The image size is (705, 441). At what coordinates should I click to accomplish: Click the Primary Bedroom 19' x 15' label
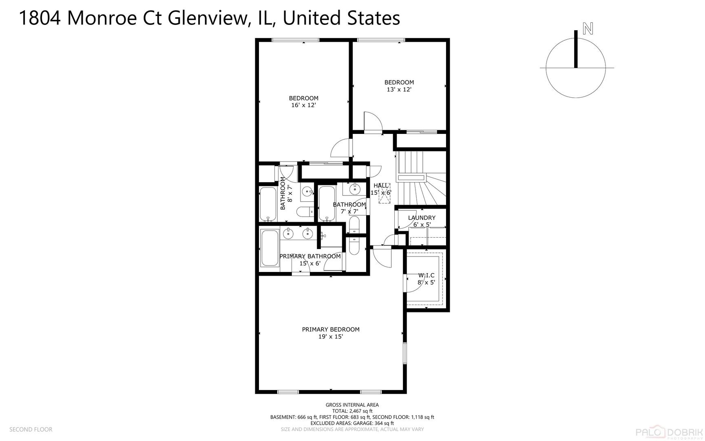(330, 333)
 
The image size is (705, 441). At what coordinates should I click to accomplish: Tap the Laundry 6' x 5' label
(422, 221)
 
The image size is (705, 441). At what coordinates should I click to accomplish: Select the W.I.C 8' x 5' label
(426, 279)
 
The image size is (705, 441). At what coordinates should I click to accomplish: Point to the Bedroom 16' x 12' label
(303, 101)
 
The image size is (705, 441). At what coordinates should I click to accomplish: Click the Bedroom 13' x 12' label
(399, 86)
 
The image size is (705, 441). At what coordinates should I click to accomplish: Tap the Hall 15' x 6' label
(381, 189)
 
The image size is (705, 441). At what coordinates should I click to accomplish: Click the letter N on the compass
(588, 29)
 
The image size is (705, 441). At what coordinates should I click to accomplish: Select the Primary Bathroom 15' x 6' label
(310, 260)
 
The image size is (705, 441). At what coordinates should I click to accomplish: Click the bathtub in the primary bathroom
(269, 248)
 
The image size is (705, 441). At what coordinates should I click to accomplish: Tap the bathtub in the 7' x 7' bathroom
(327, 203)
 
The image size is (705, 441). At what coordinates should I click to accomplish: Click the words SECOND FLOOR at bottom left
(31, 429)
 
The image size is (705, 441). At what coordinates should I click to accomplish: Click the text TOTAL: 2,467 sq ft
(352, 411)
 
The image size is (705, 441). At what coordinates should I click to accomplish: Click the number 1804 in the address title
(40, 18)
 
